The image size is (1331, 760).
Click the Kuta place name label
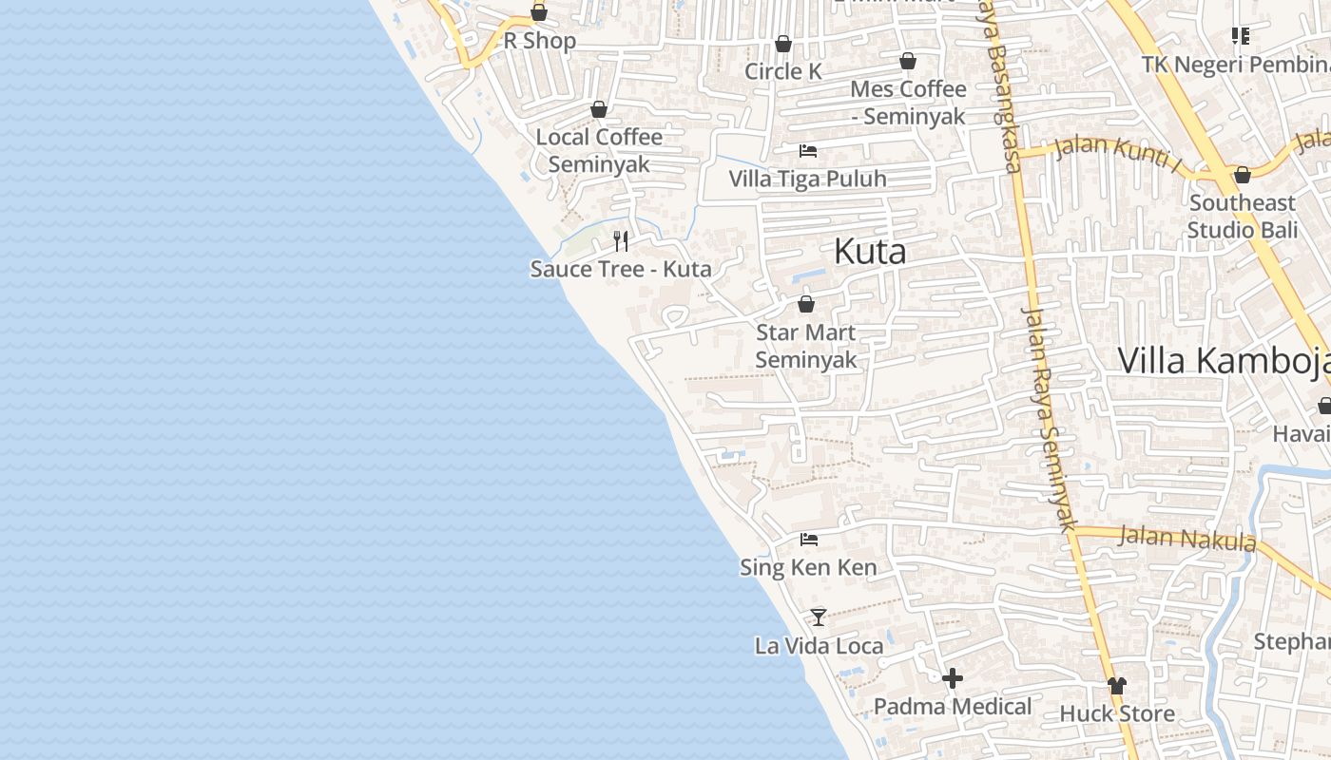tap(869, 252)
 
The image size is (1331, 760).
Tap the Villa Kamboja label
tap(1223, 361)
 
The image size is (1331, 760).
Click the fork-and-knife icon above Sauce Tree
tap(621, 241)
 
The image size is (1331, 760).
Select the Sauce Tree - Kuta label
tap(620, 269)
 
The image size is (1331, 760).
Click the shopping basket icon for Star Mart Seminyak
tap(806, 305)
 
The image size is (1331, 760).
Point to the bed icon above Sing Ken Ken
tap(809, 540)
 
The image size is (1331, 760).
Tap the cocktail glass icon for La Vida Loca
tap(819, 617)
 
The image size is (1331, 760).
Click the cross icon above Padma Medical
tap(953, 678)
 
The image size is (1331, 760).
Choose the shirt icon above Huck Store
tap(1117, 685)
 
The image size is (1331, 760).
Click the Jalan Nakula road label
tap(1187, 539)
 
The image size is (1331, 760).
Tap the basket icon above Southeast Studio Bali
tap(1242, 176)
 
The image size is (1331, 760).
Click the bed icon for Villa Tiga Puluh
tap(807, 151)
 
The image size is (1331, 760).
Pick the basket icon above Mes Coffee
tap(908, 62)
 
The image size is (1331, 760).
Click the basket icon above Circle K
tap(783, 44)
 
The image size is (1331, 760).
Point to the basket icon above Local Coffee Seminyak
tap(599, 110)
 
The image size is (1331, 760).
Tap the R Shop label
tap(539, 41)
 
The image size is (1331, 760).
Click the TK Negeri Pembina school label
tap(1236, 65)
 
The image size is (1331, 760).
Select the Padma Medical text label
tap(953, 707)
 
